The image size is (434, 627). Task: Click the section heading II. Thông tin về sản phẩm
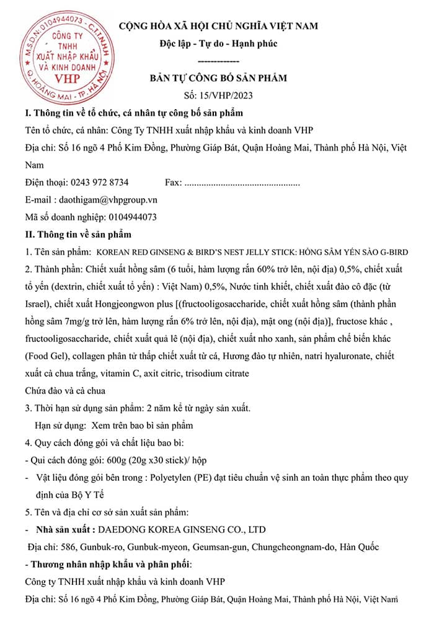pyautogui.click(x=77, y=235)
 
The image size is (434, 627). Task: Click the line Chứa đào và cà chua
pyautogui.click(x=64, y=391)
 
